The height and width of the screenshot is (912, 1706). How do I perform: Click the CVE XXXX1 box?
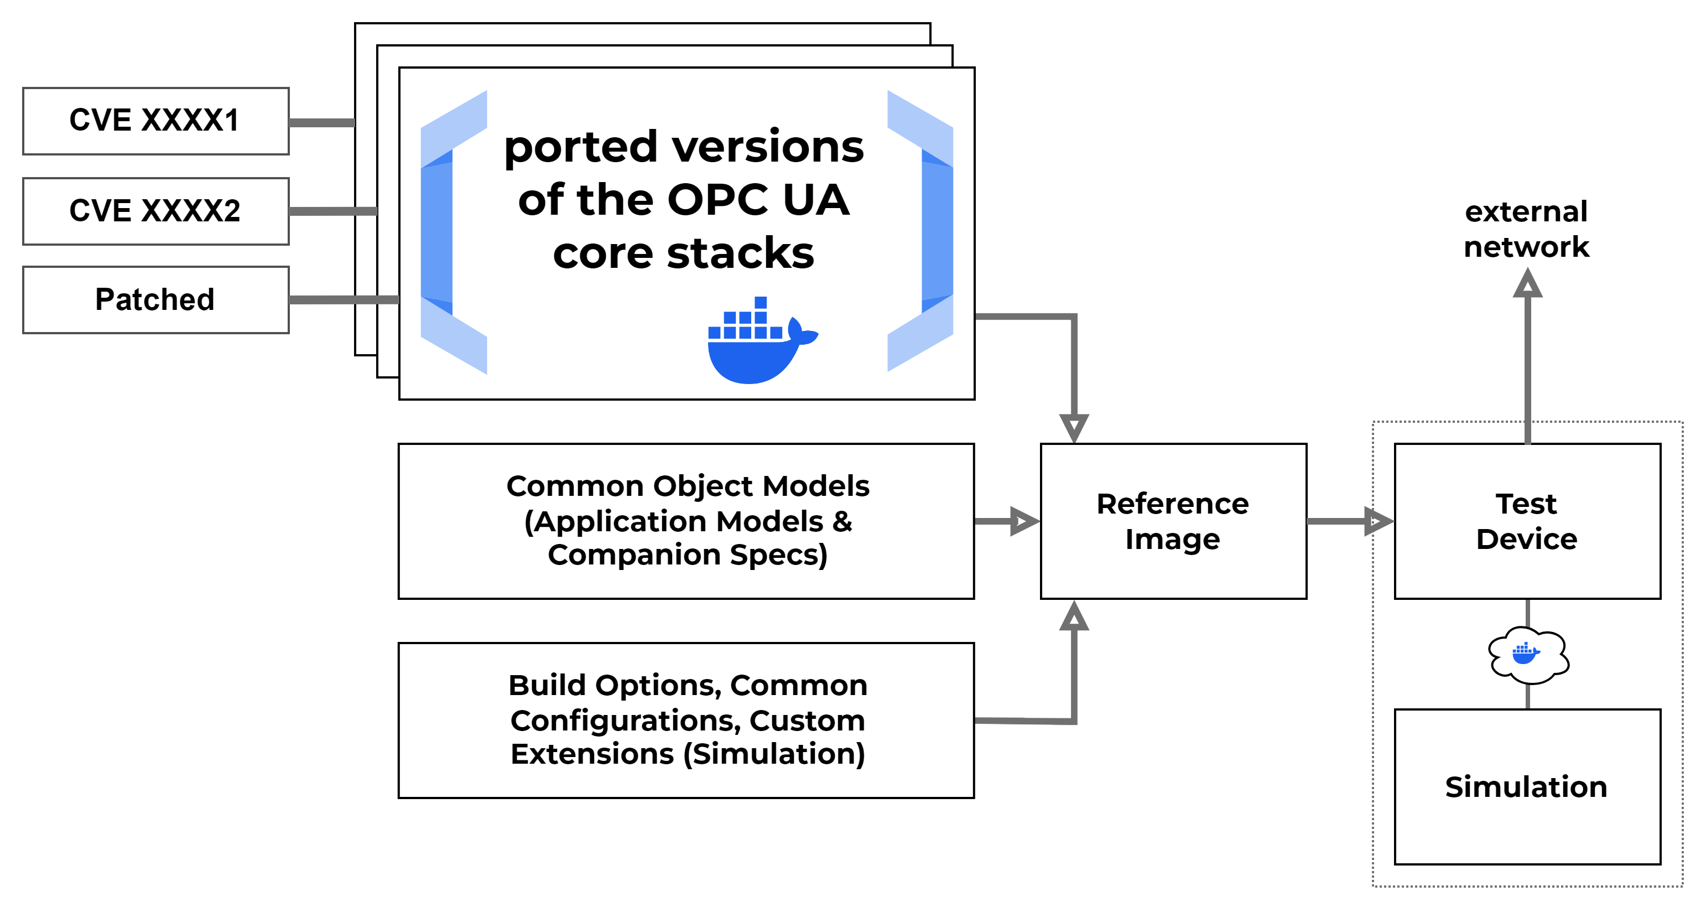155,121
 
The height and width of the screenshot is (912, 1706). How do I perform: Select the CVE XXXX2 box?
155,211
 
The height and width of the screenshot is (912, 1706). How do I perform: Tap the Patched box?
155,300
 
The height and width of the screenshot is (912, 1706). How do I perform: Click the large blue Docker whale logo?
758,344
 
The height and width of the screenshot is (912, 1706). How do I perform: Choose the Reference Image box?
1173,521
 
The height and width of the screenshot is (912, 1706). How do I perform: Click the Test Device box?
1527,521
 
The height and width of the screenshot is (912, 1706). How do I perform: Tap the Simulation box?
1527,787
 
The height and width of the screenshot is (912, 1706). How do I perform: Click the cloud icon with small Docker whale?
1528,654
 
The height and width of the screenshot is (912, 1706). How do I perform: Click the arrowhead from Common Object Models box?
1024,522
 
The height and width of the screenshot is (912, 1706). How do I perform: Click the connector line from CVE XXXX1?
322,122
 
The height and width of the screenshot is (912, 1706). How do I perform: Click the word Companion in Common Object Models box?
634,555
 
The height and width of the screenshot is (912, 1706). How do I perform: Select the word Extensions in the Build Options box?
592,754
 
